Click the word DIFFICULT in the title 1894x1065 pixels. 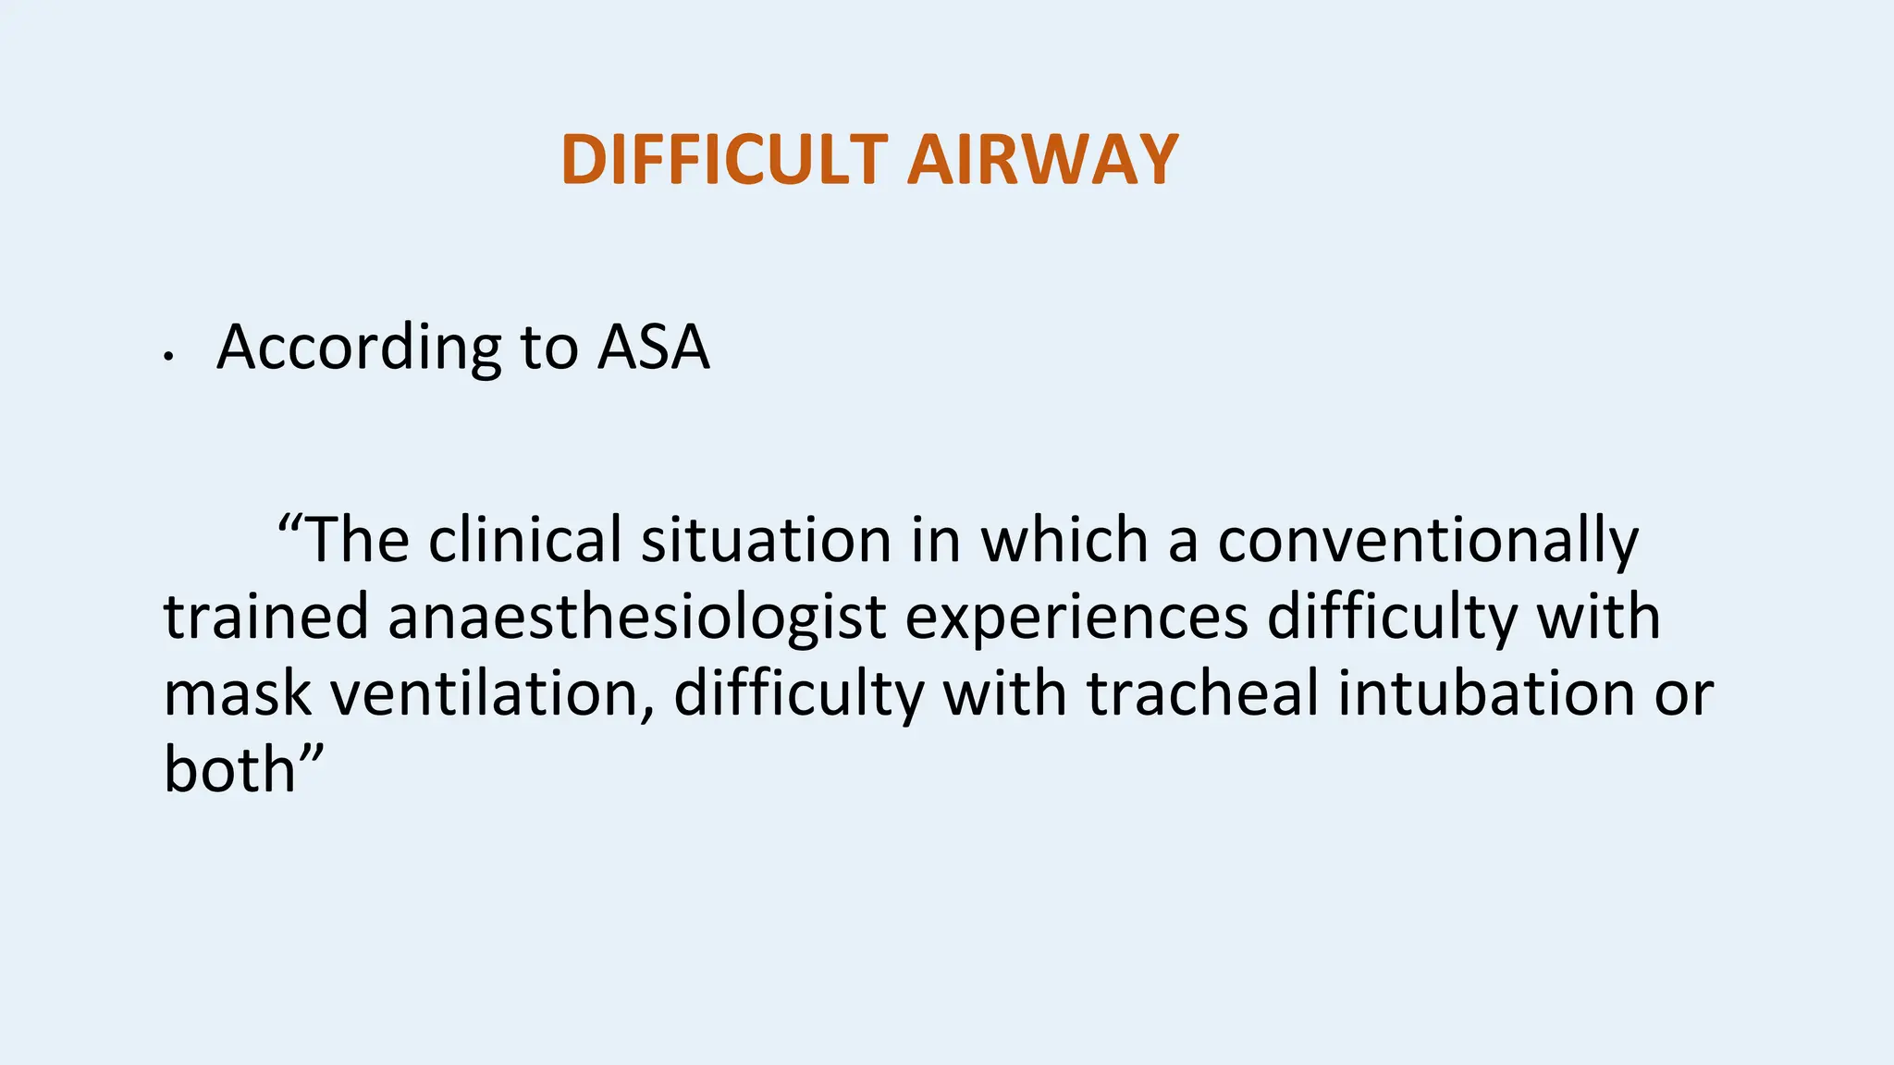(x=724, y=160)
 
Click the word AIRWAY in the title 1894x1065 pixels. (x=1042, y=160)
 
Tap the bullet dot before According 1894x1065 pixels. (x=168, y=357)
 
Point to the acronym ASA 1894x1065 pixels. (x=653, y=348)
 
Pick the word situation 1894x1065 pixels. (x=766, y=540)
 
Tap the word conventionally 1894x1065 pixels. (x=1427, y=542)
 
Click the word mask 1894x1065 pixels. (x=238, y=694)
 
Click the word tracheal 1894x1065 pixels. (x=1202, y=694)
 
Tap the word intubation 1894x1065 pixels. (x=1486, y=694)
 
